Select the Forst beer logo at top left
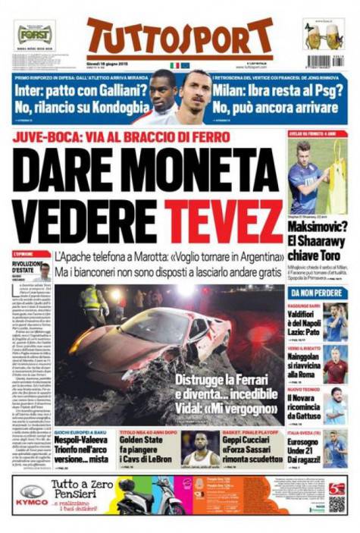pyautogui.click(x=35, y=35)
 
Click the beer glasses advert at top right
pyautogui.click(x=324, y=35)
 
